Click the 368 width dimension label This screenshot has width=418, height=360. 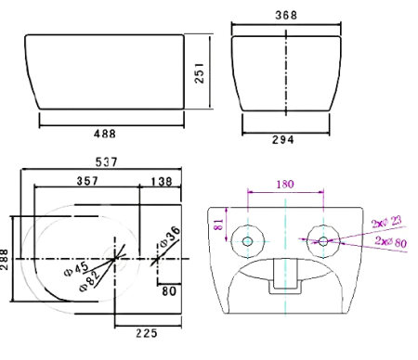click(286, 15)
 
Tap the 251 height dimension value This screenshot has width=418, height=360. click(200, 73)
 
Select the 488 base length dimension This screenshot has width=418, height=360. click(105, 134)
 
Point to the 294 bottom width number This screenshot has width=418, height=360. click(283, 140)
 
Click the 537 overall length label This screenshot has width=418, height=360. click(107, 162)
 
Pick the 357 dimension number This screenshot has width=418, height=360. click(87, 181)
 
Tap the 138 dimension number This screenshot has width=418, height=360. click(162, 182)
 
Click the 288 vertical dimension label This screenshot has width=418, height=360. click(4, 260)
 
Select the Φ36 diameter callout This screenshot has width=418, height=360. click(170, 236)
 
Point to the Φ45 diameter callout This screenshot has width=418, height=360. click(76, 268)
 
